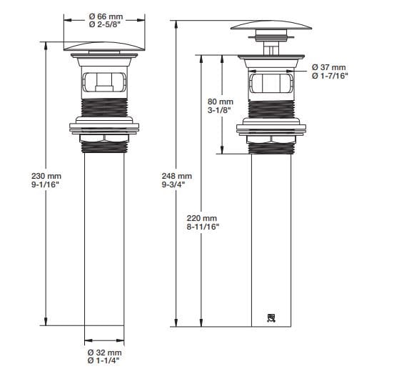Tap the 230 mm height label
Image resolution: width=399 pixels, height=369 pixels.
click(25, 176)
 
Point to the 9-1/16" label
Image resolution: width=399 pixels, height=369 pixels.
click(25, 185)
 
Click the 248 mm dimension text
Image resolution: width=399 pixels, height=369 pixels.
click(177, 176)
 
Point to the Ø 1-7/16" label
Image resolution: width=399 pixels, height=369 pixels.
click(330, 77)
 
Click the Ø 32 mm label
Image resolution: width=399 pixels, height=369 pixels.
click(104, 353)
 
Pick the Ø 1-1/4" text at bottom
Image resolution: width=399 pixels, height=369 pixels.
click(105, 362)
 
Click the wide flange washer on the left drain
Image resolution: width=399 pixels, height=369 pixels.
click(105, 129)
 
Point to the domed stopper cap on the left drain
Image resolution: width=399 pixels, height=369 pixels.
click(105, 46)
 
